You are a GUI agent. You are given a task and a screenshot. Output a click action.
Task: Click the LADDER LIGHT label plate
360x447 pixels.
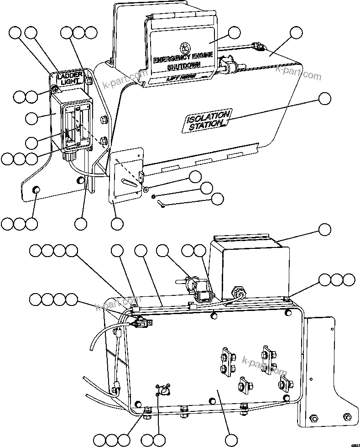[69, 78]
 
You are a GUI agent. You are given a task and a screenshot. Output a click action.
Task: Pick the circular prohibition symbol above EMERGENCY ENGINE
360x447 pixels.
[184, 47]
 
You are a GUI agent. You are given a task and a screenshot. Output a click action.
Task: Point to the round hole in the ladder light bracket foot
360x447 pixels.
[35, 190]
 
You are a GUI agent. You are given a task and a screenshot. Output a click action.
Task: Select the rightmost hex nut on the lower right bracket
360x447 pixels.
[347, 416]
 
